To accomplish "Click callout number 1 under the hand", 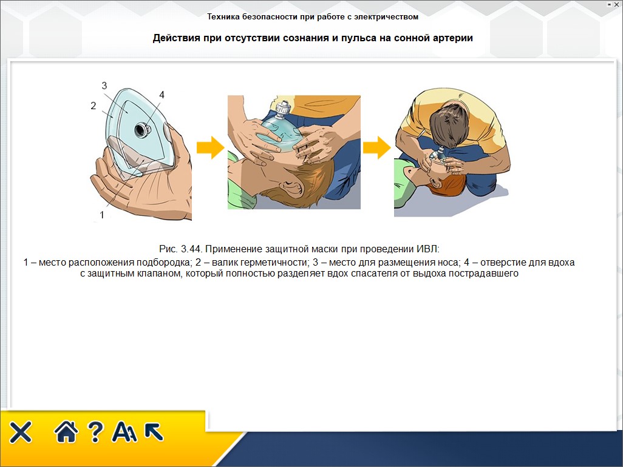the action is (x=102, y=215).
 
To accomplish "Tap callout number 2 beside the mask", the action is (x=94, y=106).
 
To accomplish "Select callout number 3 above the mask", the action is (x=104, y=86).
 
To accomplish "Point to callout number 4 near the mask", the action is (x=162, y=95).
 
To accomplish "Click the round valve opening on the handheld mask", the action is (x=142, y=129).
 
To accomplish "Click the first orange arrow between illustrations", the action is (x=211, y=147).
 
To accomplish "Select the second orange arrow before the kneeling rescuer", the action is (x=376, y=147).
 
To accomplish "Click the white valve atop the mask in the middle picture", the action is (x=282, y=107).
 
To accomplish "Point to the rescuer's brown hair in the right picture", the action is (x=452, y=127).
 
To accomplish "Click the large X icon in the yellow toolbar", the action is (x=21, y=432).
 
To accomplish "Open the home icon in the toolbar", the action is (x=66, y=432).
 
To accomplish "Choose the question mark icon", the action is (x=95, y=432).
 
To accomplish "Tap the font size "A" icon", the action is (x=124, y=432).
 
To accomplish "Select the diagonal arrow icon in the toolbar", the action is (x=154, y=432).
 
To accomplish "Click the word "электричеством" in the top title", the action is (x=386, y=16).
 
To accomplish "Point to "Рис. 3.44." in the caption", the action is (x=181, y=249).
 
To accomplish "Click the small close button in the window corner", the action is (x=616, y=5).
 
